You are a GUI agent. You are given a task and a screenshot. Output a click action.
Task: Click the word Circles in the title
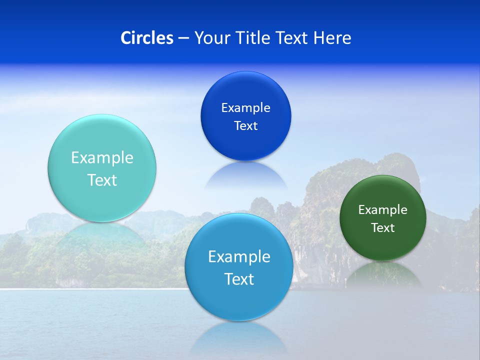point(147,38)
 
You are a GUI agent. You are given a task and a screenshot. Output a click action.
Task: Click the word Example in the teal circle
point(102,158)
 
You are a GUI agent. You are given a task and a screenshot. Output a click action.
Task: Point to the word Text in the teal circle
point(102,180)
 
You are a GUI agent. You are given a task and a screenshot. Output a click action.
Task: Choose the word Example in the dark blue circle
point(245,108)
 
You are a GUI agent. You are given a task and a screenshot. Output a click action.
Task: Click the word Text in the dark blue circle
point(245,126)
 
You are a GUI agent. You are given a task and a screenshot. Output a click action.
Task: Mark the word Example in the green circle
point(382,210)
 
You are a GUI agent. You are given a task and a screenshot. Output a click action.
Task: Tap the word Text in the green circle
point(382,228)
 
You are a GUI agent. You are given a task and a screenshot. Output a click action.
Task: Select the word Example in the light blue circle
point(239,257)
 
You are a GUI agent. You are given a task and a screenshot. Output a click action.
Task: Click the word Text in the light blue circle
point(239,279)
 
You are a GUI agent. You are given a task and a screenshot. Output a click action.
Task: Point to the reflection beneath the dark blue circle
point(245,175)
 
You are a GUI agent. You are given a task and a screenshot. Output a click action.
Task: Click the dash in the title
point(183,38)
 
